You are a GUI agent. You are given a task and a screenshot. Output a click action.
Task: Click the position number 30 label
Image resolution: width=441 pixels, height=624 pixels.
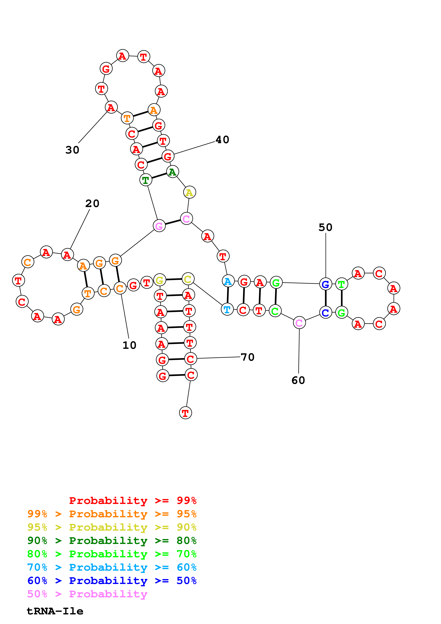(72, 150)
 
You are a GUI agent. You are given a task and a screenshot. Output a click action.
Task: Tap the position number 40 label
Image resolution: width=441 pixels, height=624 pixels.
(222, 140)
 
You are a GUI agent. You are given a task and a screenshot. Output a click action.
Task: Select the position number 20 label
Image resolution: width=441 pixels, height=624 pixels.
(92, 203)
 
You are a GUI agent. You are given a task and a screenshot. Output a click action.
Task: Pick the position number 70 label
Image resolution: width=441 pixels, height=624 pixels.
(247, 357)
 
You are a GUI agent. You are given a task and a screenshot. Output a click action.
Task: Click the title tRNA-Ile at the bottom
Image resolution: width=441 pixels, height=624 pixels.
(55, 611)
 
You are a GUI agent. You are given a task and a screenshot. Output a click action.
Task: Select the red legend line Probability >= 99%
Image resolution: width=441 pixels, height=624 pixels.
(133, 501)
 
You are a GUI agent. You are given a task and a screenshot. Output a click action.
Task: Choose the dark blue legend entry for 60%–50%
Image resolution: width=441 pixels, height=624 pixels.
(112, 581)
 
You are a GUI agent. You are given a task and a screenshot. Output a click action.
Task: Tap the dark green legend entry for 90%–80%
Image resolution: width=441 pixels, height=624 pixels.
(112, 541)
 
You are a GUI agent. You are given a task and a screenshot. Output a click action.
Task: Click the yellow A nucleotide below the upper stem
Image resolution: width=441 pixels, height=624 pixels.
(189, 193)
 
